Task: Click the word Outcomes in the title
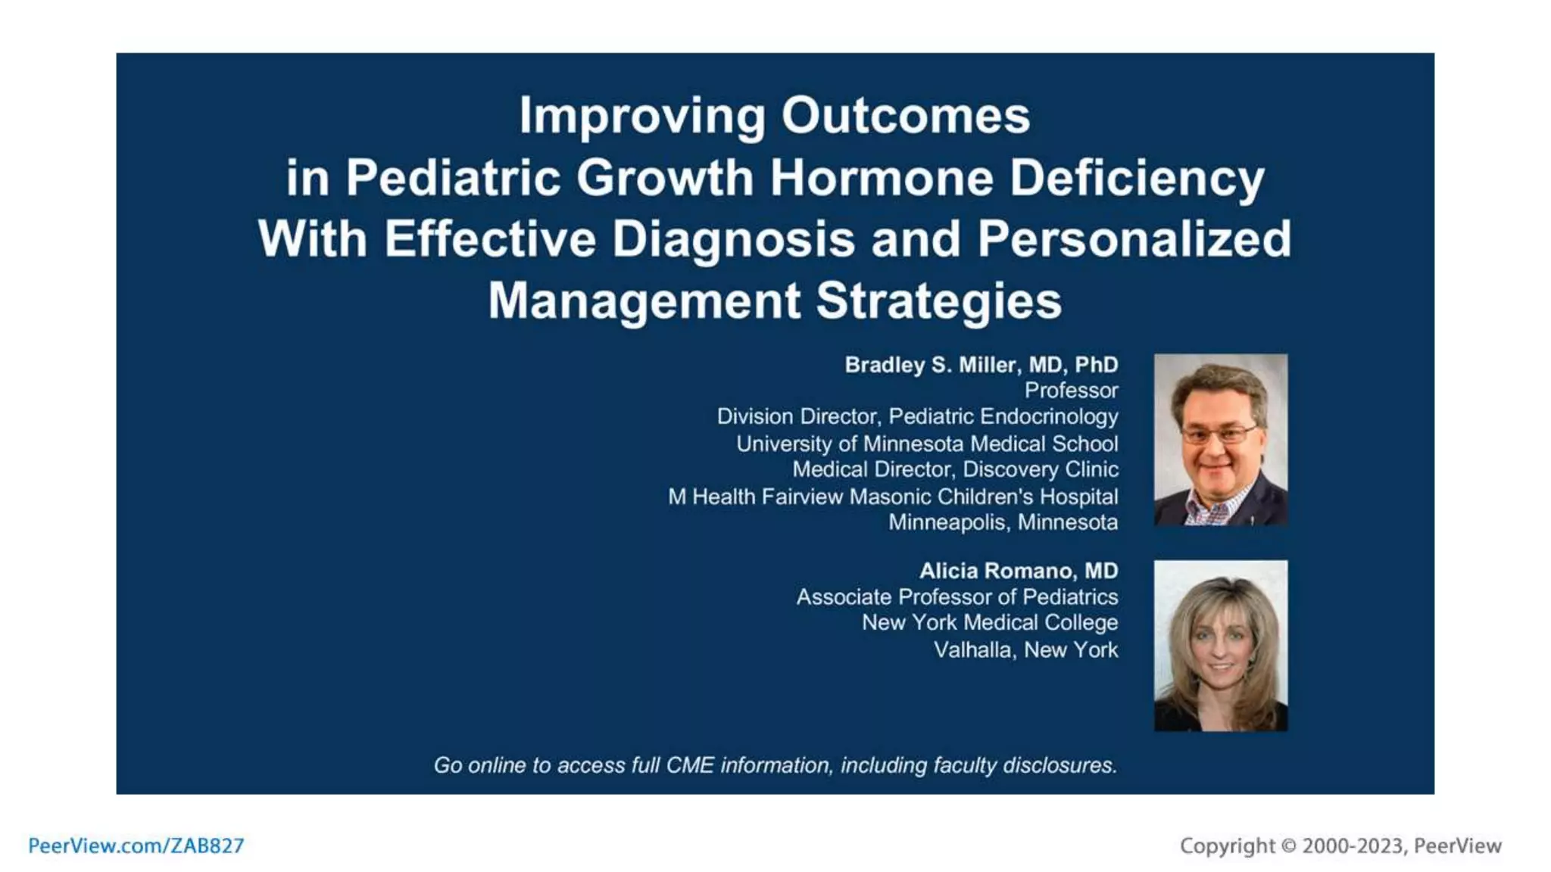click(905, 116)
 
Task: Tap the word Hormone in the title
click(882, 178)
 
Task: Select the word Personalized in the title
click(1134, 239)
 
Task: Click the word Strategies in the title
click(938, 301)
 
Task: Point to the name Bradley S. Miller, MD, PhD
click(981, 365)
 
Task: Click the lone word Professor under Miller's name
click(1071, 391)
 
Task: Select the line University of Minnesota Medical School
click(926, 444)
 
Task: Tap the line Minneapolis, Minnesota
click(1003, 522)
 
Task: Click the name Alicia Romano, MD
click(1018, 571)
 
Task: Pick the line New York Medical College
click(989, 622)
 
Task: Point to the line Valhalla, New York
click(1025, 649)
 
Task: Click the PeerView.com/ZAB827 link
click(136, 846)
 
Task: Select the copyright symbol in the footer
click(1288, 846)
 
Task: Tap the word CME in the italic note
click(689, 765)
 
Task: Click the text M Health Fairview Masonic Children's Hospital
click(892, 497)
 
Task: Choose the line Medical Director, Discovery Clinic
click(954, 469)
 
